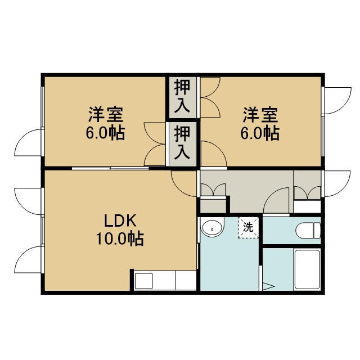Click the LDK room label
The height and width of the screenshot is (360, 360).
tap(120, 220)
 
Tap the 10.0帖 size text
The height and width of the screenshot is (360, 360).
tap(120, 238)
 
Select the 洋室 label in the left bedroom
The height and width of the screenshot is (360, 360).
tap(106, 114)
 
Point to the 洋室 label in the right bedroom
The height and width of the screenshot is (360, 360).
tap(260, 115)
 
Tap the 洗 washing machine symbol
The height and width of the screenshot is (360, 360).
tap(248, 227)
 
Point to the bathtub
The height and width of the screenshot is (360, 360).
tap(307, 269)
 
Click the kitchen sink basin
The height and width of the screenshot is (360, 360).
tap(144, 281)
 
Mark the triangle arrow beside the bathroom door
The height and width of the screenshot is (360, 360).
tap(268, 286)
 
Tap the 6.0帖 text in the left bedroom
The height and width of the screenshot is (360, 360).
tap(105, 133)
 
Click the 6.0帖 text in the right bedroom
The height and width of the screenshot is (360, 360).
tap(260, 133)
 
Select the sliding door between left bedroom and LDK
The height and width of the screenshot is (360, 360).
tap(110, 168)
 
